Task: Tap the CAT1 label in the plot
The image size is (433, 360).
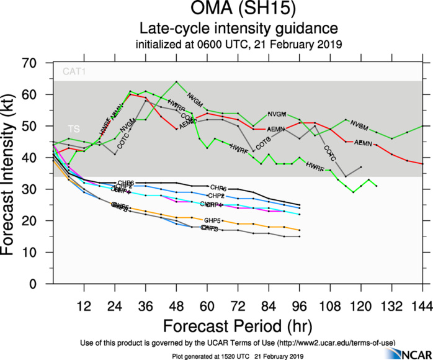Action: point(73,73)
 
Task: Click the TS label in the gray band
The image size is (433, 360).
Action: point(73,129)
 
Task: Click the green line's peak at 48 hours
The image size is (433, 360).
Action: point(176,82)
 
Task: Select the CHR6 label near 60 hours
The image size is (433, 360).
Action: point(218,187)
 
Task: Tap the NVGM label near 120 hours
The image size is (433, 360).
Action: point(359,124)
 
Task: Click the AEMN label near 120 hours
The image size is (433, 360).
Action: point(363,143)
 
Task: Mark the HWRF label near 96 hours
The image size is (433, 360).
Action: point(315,165)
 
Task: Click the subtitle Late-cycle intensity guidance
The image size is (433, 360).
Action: point(238,29)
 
